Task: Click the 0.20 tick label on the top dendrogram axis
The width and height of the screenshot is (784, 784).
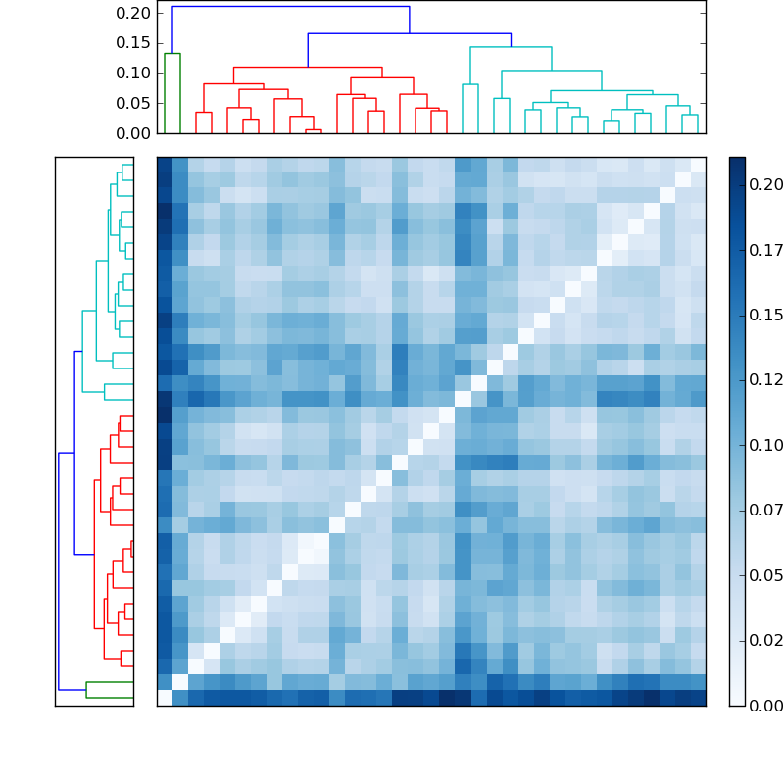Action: coord(135,13)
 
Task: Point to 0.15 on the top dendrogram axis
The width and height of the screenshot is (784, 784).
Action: coord(135,43)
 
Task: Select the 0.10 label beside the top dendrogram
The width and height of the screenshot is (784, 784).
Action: coord(135,73)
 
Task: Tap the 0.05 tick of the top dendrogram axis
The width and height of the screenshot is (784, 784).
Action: coord(135,103)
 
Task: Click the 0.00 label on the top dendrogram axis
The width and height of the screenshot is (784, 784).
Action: coord(135,133)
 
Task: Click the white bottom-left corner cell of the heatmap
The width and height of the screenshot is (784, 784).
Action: coord(165,698)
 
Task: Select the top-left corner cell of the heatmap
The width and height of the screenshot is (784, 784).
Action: coord(165,165)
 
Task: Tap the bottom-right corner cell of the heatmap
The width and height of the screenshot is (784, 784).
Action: coord(698,698)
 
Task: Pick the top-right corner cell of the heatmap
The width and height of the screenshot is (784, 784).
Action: coord(698,165)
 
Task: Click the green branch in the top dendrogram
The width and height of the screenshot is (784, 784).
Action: coord(172,54)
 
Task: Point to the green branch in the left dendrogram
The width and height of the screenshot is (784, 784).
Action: coord(110,682)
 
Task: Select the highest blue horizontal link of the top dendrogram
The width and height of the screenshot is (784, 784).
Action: coord(290,7)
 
